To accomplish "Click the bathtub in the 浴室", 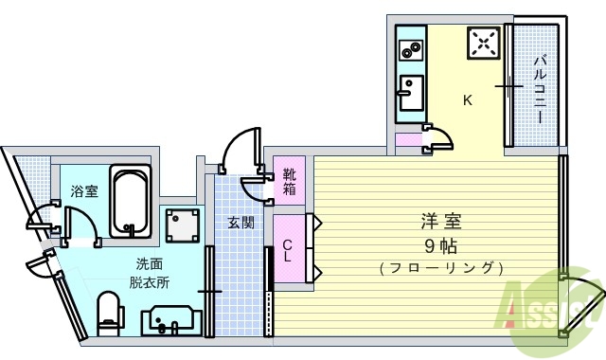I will pyautogui.click(x=130, y=201).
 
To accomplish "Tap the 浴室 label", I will pyautogui.click(x=84, y=191).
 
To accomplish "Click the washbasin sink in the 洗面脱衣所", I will pyautogui.click(x=169, y=321).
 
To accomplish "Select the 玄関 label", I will pyautogui.click(x=240, y=224).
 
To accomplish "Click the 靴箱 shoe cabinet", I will pyautogui.click(x=289, y=182).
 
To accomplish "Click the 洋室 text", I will pyautogui.click(x=441, y=224).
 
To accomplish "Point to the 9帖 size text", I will pyautogui.click(x=442, y=245).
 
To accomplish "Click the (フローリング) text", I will pyautogui.click(x=440, y=268).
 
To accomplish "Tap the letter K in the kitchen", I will pyautogui.click(x=467, y=99).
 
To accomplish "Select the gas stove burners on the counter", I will pyautogui.click(x=411, y=48).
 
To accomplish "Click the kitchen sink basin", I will pyautogui.click(x=411, y=93).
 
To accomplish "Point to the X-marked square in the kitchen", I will pyautogui.click(x=484, y=42).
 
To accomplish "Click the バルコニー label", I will pyautogui.click(x=539, y=91).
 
